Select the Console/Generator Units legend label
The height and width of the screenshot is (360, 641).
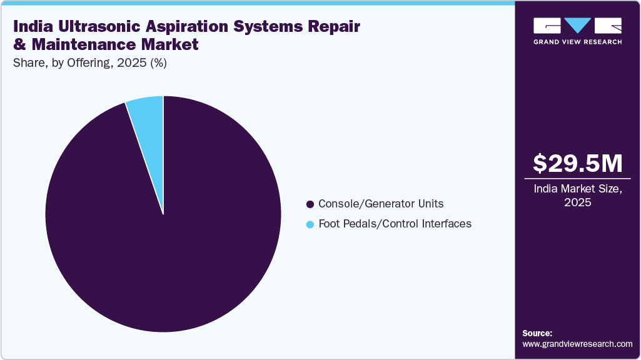381,204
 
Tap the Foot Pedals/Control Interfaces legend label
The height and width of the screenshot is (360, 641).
395,223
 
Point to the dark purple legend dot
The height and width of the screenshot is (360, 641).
310,204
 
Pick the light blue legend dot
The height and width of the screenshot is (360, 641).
310,224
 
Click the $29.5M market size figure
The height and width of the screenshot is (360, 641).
578,163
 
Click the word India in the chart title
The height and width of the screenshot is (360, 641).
31,27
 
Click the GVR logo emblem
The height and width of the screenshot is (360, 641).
577,26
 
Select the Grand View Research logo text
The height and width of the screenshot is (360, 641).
577,42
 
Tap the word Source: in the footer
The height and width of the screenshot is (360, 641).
537,333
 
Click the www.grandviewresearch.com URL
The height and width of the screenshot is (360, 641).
577,344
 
